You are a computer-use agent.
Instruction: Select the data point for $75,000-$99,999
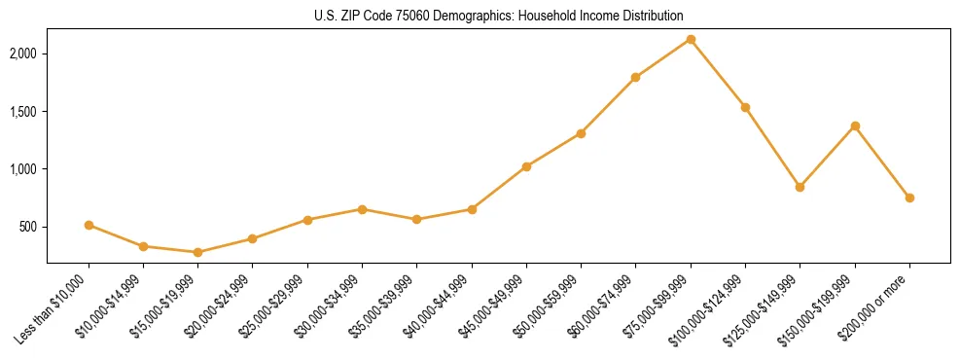coord(691,39)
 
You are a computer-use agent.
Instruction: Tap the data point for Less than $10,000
coord(89,225)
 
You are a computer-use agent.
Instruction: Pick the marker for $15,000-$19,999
coord(198,252)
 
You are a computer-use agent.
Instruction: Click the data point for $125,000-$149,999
coord(800,187)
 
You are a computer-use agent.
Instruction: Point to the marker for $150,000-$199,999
coord(855,126)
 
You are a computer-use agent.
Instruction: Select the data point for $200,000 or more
coord(909,198)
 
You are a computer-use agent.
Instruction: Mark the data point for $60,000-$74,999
coord(636,77)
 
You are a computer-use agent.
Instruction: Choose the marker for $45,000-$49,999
coord(526,166)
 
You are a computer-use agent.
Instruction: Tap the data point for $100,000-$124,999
coord(745,107)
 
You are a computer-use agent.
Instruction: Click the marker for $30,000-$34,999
coord(362,209)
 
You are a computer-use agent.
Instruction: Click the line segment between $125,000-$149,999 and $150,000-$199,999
coord(828,156)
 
